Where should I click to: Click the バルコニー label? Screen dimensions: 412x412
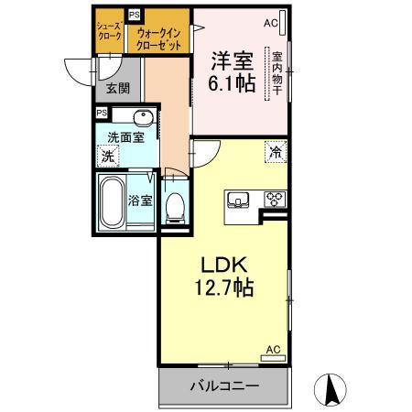click(223, 386)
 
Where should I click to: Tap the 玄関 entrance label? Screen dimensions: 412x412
click(116, 88)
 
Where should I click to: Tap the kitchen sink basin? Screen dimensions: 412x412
click(238, 200)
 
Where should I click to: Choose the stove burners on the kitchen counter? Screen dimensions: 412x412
click(275, 199)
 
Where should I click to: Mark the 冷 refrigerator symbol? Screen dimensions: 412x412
click(275, 151)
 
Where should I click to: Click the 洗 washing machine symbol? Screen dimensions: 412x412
click(109, 157)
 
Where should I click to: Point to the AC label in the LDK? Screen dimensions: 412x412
click(273, 350)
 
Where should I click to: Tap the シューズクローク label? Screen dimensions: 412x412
click(109, 34)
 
